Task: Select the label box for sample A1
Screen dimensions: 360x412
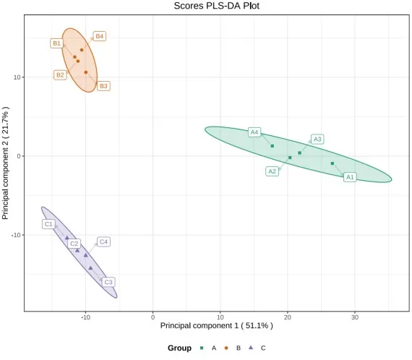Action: (x=350, y=176)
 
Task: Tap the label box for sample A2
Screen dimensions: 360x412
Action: (x=272, y=171)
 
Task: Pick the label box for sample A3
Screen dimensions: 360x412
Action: (x=317, y=139)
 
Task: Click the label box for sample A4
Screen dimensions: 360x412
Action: (x=254, y=132)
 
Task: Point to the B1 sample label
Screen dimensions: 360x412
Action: (x=56, y=43)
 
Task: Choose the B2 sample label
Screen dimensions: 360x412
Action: (x=61, y=74)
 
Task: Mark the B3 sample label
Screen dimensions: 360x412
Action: (x=103, y=86)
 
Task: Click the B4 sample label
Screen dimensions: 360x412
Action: (x=100, y=36)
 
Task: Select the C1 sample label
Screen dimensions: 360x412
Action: (x=48, y=224)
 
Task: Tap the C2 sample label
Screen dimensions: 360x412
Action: (x=74, y=244)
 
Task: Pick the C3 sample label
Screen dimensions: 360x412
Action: (x=108, y=282)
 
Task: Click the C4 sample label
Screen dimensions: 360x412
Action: (x=103, y=241)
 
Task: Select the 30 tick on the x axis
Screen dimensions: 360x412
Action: (x=355, y=317)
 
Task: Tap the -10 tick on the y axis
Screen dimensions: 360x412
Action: (x=16, y=235)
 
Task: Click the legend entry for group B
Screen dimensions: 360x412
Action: (x=232, y=348)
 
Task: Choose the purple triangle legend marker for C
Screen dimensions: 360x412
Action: (x=250, y=348)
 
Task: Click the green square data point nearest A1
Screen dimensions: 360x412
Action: (x=332, y=163)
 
